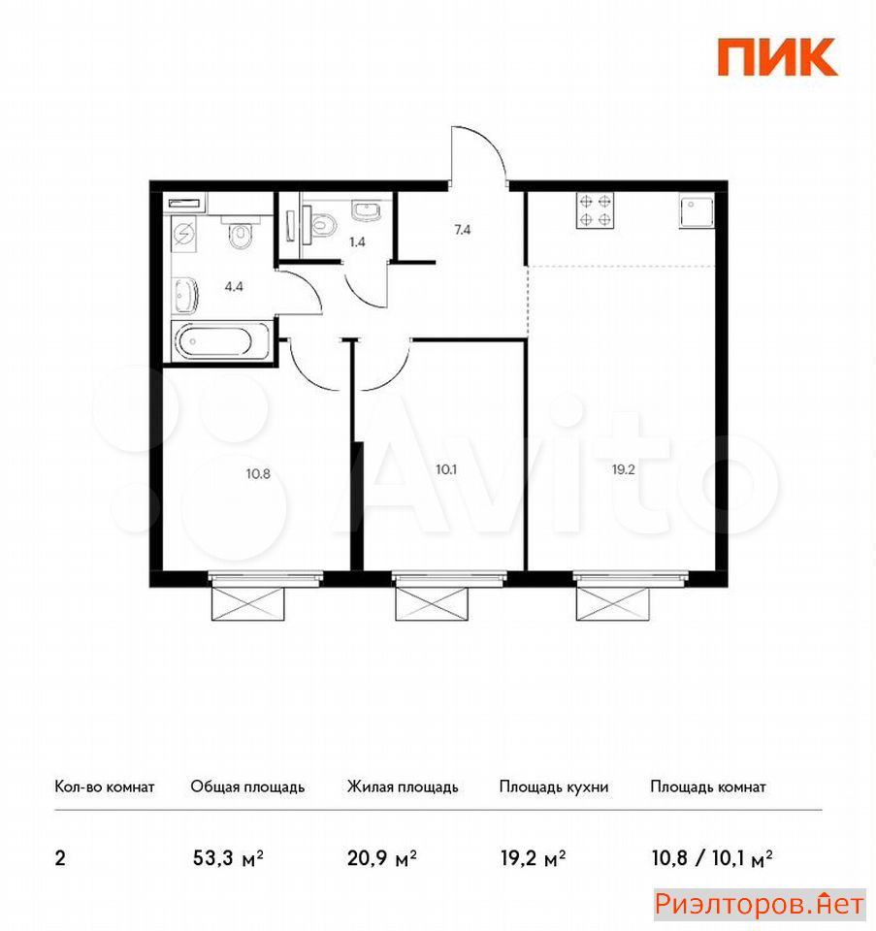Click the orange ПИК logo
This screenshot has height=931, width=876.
pyautogui.click(x=777, y=57)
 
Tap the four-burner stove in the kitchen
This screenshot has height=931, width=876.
pyautogui.click(x=595, y=210)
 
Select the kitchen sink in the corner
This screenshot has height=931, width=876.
pyautogui.click(x=698, y=212)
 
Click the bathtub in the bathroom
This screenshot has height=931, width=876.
pyautogui.click(x=221, y=340)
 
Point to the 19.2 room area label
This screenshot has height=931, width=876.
pyautogui.click(x=624, y=469)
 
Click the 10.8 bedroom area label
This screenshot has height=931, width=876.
pyautogui.click(x=258, y=474)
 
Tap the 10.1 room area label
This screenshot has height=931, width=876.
pyautogui.click(x=446, y=469)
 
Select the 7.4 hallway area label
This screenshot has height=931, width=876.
pyautogui.click(x=463, y=229)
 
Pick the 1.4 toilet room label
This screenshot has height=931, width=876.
pyautogui.click(x=357, y=241)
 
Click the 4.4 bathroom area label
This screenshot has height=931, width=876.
pyautogui.click(x=234, y=286)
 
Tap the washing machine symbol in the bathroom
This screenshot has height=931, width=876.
pyautogui.click(x=184, y=234)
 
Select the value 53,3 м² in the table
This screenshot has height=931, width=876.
pyautogui.click(x=229, y=857)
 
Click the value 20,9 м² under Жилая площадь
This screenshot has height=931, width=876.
pyautogui.click(x=382, y=857)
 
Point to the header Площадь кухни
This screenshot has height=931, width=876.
pyautogui.click(x=554, y=787)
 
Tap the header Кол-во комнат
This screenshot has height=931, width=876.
pyautogui.click(x=105, y=787)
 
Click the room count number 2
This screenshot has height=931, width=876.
pyautogui.click(x=60, y=858)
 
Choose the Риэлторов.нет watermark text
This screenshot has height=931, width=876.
pyautogui.click(x=760, y=904)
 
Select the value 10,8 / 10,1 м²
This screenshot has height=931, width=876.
pyautogui.click(x=712, y=857)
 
